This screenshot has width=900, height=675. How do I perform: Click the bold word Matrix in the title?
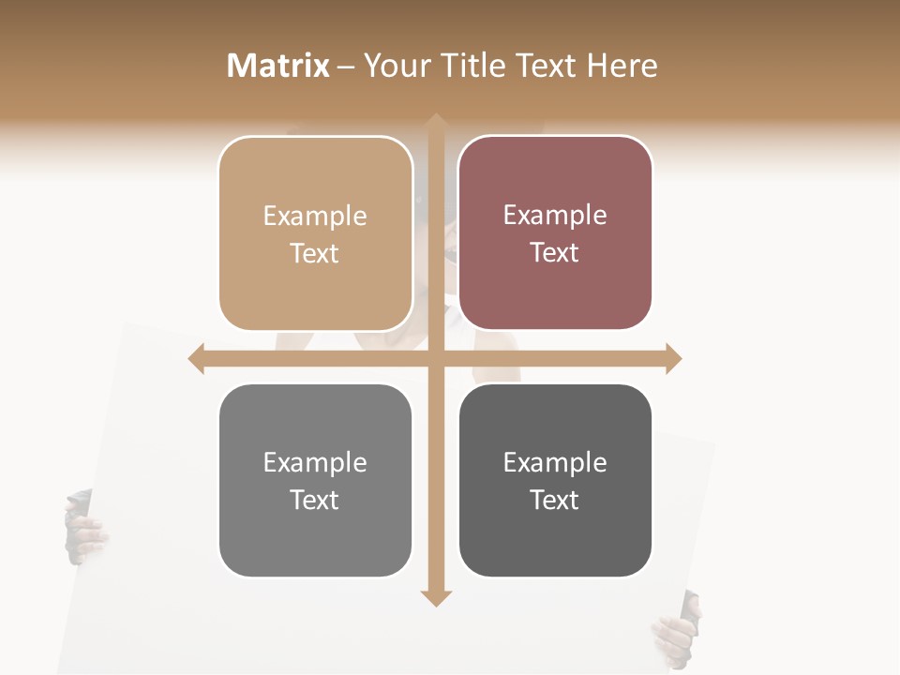click(x=278, y=66)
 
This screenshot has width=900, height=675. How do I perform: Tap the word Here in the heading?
click(x=622, y=66)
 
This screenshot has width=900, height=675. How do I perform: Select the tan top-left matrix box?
click(x=315, y=233)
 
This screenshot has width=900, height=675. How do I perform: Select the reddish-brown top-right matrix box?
click(x=555, y=232)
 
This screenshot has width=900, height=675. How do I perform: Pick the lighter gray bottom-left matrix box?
click(x=315, y=480)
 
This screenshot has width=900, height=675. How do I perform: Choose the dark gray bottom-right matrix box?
click(x=555, y=480)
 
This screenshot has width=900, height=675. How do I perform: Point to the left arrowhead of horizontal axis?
click(x=196, y=359)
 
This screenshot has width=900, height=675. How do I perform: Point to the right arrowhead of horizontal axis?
click(x=673, y=359)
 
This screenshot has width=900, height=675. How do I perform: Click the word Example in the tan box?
click(x=315, y=217)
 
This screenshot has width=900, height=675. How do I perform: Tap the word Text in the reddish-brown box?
click(x=555, y=253)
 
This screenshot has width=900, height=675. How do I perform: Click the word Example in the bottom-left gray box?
click(x=315, y=463)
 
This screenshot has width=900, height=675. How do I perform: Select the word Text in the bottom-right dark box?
click(x=555, y=500)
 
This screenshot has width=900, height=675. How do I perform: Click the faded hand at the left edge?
click(x=82, y=530)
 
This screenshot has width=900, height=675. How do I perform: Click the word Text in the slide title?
click(x=545, y=66)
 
